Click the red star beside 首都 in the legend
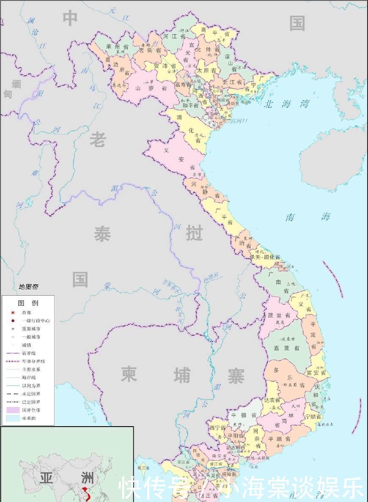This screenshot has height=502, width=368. coord(13,312)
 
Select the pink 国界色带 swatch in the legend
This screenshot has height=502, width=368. coord(13,410)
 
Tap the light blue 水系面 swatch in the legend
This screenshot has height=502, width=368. coord(13,418)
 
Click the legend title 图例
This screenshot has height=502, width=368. coord(28,303)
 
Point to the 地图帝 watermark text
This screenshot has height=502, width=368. coord(28,287)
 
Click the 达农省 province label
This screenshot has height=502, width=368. coord(272,400)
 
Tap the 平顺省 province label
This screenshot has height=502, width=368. coord(278,438)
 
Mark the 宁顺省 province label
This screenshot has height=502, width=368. coord(313,417)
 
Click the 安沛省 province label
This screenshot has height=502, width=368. coord(165,66)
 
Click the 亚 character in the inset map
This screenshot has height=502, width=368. coord(46,478)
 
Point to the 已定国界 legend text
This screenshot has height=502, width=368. coord(31,402)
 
